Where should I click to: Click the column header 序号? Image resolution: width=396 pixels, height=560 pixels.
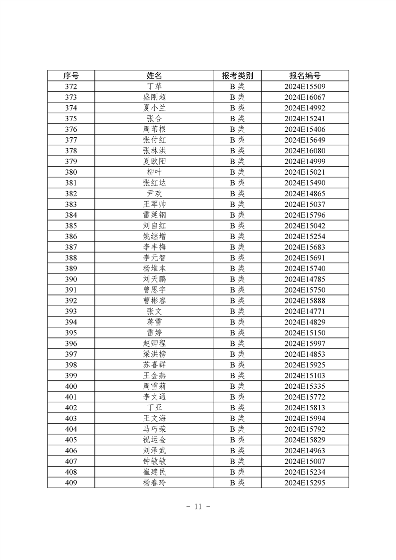pyautogui.click(x=71, y=75)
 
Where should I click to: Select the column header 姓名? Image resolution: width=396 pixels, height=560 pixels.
pyautogui.click(x=154, y=75)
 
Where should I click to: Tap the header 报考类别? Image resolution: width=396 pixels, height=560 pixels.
pyautogui.click(x=237, y=75)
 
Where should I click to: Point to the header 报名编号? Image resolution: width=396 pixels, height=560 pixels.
pyautogui.click(x=305, y=75)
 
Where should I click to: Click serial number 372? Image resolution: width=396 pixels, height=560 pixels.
pyautogui.click(x=71, y=86)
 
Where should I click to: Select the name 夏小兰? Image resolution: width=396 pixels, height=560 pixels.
pyautogui.click(x=154, y=108)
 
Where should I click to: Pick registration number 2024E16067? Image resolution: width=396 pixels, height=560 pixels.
pyautogui.click(x=305, y=97)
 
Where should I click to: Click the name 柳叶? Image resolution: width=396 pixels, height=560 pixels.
pyautogui.click(x=154, y=172)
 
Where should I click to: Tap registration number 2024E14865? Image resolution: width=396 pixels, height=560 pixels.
pyautogui.click(x=305, y=193)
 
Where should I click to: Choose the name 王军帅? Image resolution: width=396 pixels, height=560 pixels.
pyautogui.click(x=154, y=204)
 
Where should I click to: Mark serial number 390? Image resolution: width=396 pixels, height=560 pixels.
pyautogui.click(x=71, y=279)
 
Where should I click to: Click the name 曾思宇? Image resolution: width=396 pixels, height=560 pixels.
pyautogui.click(x=154, y=290)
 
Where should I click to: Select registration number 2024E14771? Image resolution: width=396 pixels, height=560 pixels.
pyautogui.click(x=305, y=311)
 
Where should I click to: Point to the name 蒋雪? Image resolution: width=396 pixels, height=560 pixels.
pyautogui.click(x=154, y=322)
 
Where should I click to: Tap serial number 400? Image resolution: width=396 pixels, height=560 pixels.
pyautogui.click(x=71, y=386)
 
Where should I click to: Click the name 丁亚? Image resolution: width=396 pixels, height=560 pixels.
pyautogui.click(x=154, y=408)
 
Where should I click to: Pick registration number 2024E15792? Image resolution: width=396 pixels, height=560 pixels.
pyautogui.click(x=305, y=429)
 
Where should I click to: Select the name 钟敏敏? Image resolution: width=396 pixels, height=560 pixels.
pyautogui.click(x=154, y=461)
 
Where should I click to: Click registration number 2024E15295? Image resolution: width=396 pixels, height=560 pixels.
pyautogui.click(x=305, y=483)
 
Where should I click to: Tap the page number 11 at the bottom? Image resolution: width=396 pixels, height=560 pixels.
pyautogui.click(x=198, y=506)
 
